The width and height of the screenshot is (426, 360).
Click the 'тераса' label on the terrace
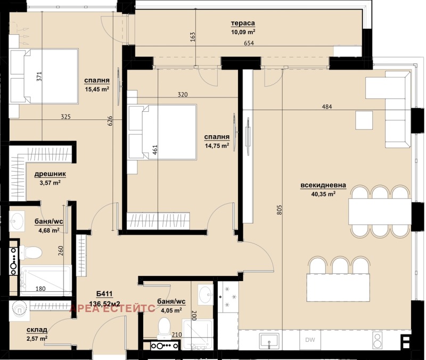click(243, 23)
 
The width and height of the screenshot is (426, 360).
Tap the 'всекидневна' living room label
click(323, 185)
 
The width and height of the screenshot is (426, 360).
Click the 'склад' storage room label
click(37, 330)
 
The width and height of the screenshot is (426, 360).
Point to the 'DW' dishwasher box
click(310, 340)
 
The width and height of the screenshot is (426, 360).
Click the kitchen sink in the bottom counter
click(266, 339)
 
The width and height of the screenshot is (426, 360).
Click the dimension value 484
click(326, 107)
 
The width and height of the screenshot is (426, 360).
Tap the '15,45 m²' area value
click(97, 89)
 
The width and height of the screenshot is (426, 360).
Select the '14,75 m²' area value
click(217, 144)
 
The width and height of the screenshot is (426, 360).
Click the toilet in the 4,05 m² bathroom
click(164, 325)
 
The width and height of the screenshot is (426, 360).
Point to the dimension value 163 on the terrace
click(193, 36)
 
